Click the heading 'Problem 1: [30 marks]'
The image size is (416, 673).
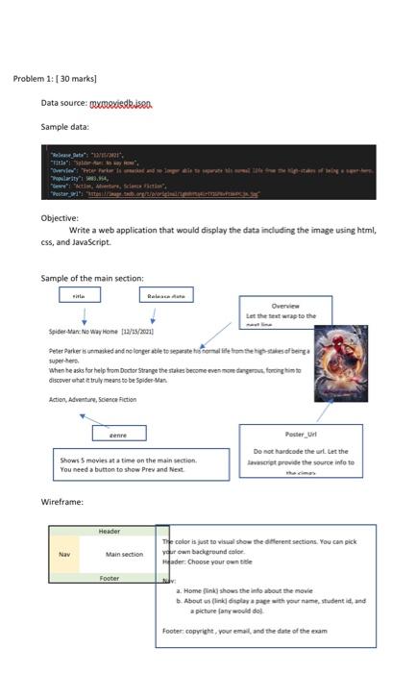click(x=56, y=78)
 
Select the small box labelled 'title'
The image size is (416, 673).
click(x=79, y=297)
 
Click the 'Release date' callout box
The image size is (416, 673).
click(x=166, y=297)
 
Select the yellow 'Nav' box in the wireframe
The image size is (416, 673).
click(x=63, y=554)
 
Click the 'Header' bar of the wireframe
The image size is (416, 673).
click(x=110, y=531)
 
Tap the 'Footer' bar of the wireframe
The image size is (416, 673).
click(x=110, y=579)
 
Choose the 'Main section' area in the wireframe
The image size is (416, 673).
click(x=124, y=555)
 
